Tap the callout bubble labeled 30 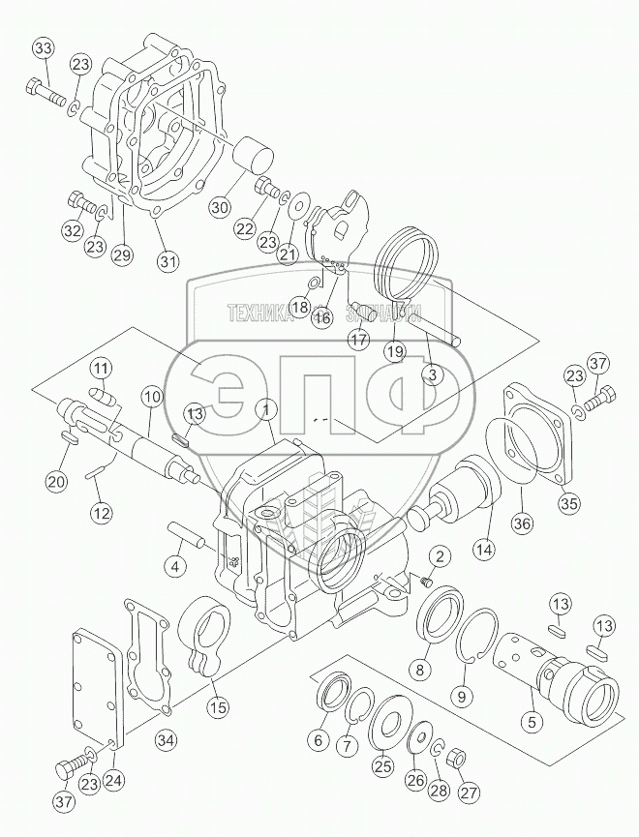(x=221, y=206)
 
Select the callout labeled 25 (x=384, y=765)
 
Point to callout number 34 (x=167, y=740)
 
